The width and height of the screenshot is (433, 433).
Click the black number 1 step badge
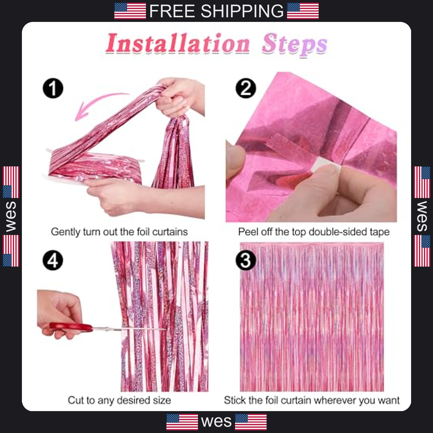[x=53, y=88]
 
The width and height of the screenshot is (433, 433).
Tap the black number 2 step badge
[x=246, y=88]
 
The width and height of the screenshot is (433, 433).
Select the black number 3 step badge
[x=246, y=260]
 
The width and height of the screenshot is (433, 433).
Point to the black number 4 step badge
[x=53, y=260]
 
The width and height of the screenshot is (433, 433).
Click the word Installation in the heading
[x=178, y=43]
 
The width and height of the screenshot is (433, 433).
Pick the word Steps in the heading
[x=294, y=45]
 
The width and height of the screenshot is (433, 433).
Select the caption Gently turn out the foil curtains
[x=119, y=232]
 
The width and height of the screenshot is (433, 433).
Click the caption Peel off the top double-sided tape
[x=314, y=232]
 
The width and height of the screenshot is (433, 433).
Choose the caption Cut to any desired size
[x=119, y=400]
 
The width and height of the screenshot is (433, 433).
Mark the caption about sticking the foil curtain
[x=311, y=400]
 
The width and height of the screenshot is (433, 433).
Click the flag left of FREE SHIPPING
[x=130, y=11]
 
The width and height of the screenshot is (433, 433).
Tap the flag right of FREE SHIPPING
[x=303, y=11]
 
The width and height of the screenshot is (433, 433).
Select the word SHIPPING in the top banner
[x=242, y=11]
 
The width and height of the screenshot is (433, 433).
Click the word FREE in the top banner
[x=172, y=11]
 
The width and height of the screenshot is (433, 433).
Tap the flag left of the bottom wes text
[x=182, y=422]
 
